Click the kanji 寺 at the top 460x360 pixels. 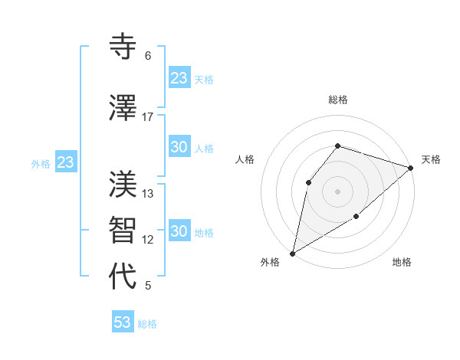coord(124,47)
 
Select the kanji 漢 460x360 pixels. coord(124,185)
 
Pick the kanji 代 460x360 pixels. coord(124,277)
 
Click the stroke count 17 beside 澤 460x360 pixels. coord(147,116)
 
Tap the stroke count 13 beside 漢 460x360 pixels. coord(148,193)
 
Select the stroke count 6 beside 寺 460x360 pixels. coord(147,56)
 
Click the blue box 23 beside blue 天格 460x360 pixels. coord(179,78)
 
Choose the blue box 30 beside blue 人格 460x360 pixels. coord(179,148)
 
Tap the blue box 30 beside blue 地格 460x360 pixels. coord(179,232)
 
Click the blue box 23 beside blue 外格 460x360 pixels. coord(66,162)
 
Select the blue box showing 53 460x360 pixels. coord(123,322)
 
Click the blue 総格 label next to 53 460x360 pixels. coord(148,324)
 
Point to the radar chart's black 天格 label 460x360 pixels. coord(431,159)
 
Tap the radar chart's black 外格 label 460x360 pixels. coord(270,263)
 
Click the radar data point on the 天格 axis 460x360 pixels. coord(411,167)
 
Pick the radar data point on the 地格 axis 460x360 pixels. coord(356,217)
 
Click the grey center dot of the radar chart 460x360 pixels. coord(337,191)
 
